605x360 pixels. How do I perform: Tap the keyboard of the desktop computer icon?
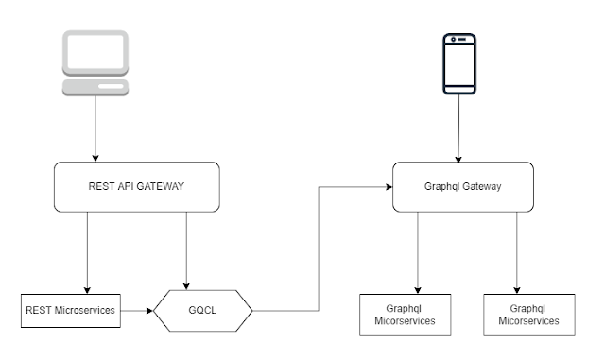pos(95,88)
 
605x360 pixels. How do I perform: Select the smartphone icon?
pos(459,63)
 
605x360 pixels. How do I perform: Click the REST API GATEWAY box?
pos(137,186)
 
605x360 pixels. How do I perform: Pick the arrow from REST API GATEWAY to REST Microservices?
pos(88,251)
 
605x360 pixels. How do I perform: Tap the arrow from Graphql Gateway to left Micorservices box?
pos(418,251)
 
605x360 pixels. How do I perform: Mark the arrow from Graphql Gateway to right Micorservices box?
pos(517,251)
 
